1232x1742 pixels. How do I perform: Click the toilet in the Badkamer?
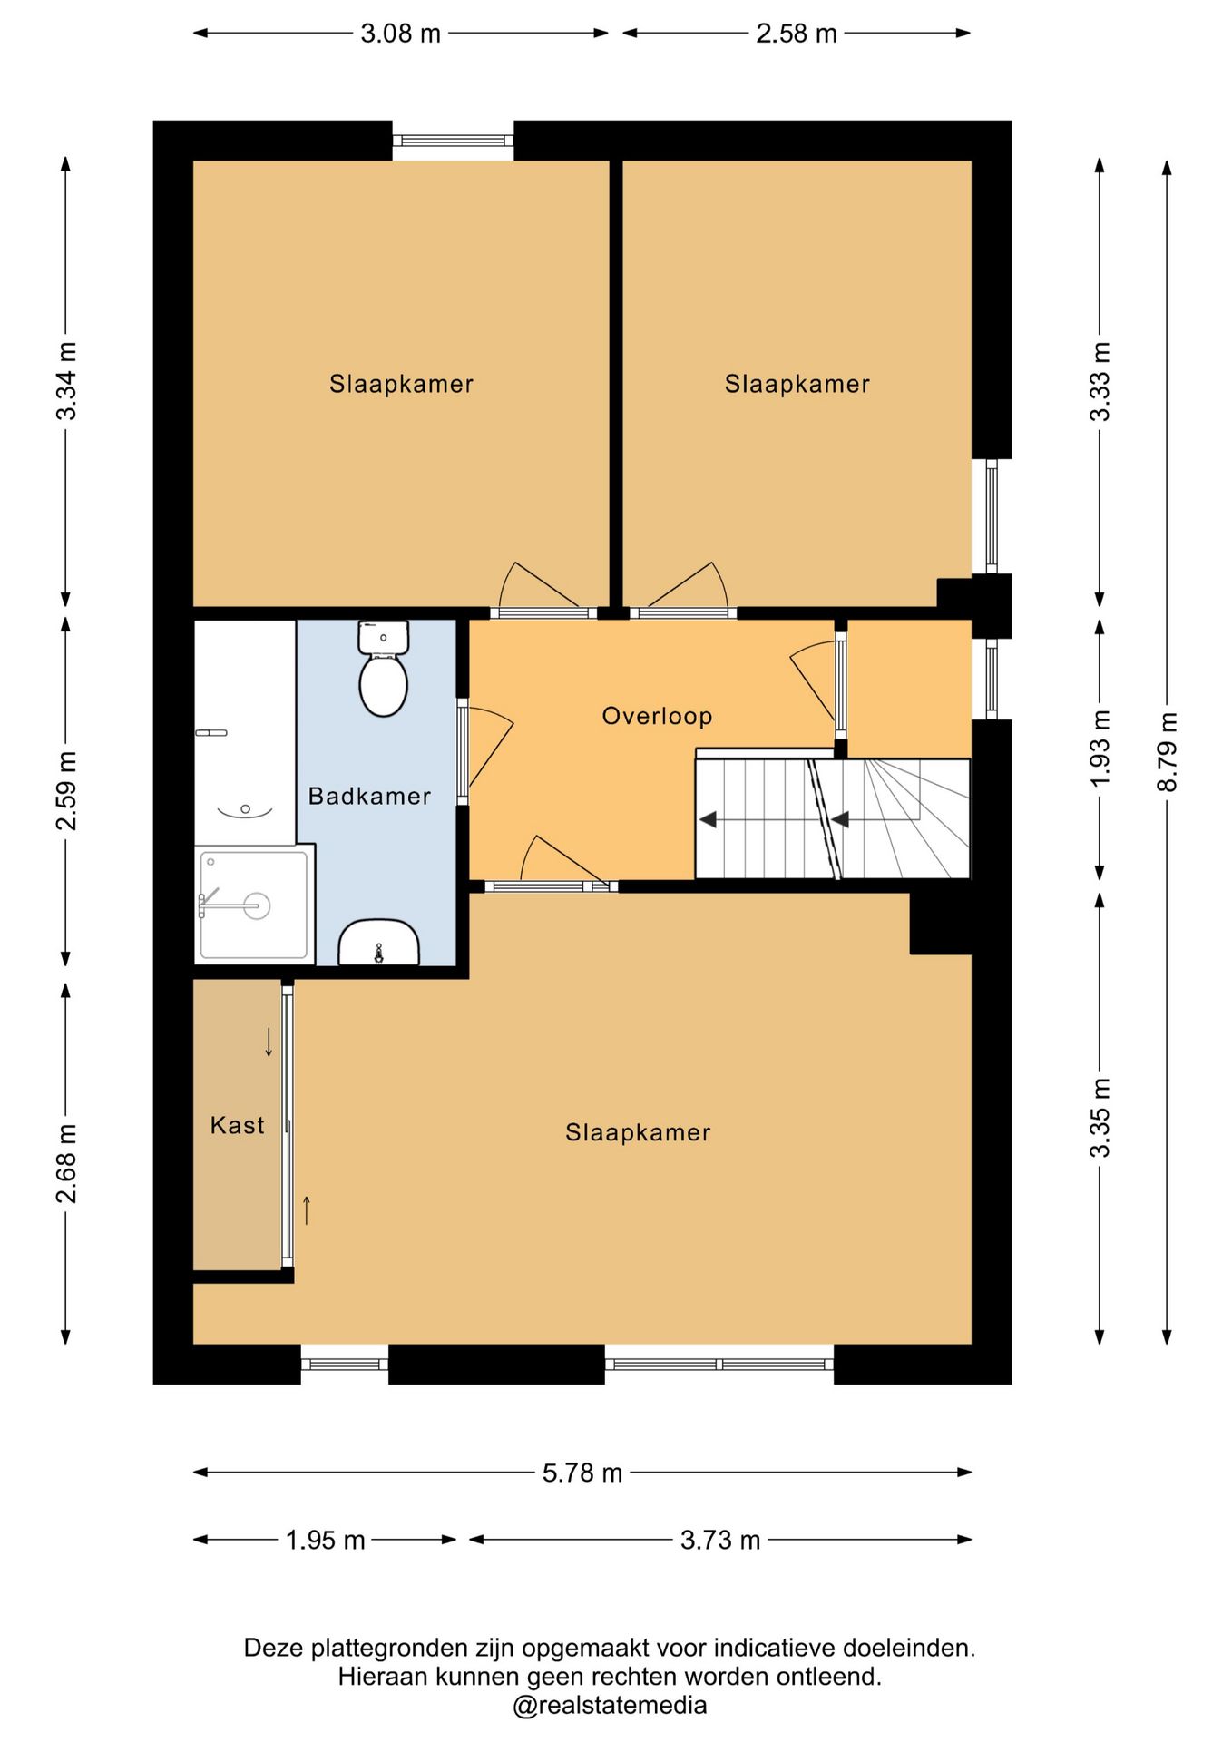coord(383,668)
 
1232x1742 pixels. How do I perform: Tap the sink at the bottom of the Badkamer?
coord(378,943)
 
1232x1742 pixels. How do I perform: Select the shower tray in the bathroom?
coord(254,905)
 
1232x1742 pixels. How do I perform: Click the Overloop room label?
coord(657,716)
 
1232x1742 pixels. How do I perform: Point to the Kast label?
coord(237,1125)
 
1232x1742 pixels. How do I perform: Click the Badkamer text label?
coord(369,796)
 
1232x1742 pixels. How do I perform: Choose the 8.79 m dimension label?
coord(1168,751)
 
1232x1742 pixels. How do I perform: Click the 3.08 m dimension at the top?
coord(401,34)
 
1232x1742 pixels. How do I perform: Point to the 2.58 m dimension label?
coord(797,34)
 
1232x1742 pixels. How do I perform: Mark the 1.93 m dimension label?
coord(1100,749)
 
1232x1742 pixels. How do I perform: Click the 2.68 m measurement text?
coord(66,1163)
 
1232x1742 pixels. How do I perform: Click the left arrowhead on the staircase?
coord(708,819)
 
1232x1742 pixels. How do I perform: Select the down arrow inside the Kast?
coord(269,1042)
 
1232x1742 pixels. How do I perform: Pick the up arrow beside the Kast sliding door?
coord(307,1210)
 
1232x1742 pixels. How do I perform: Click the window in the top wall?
coord(454,141)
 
